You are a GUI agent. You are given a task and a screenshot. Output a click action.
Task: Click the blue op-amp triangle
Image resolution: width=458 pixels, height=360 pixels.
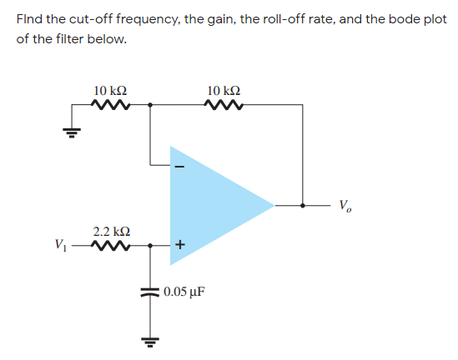tap(213, 204)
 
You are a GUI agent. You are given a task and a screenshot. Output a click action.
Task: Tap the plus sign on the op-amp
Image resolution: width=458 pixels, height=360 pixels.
tap(179, 245)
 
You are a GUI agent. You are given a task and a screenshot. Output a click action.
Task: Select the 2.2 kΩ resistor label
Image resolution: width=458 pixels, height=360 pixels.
tap(111, 229)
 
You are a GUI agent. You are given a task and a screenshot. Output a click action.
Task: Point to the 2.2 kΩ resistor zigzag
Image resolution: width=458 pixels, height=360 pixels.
tap(112, 246)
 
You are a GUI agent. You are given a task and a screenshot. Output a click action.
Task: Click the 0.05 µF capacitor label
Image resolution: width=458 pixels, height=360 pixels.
tap(184, 292)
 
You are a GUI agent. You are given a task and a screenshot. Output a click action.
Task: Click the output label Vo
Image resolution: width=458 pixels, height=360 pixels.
tap(346, 205)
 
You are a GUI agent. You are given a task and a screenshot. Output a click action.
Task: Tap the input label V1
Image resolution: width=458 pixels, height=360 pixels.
tap(61, 246)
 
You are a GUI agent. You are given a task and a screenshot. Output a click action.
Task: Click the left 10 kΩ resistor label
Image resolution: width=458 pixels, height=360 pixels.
tap(111, 89)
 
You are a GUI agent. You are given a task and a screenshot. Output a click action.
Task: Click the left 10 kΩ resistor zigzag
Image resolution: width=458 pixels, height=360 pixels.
tap(112, 105)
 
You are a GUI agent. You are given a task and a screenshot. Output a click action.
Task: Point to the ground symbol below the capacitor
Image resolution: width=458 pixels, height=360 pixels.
tap(151, 342)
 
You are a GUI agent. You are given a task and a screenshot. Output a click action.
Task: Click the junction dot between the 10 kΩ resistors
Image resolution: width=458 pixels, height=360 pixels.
tap(150, 105)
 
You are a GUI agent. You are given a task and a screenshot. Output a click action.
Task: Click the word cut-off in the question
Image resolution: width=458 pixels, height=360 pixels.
tap(89, 19)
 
